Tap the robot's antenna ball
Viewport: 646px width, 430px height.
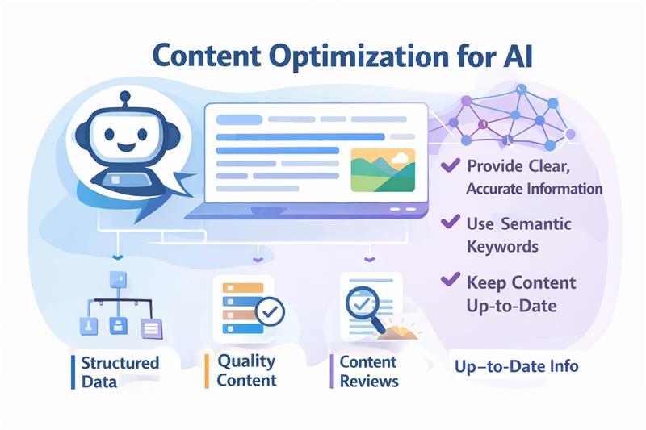coord(124,97)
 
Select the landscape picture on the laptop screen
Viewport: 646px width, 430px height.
coord(383,169)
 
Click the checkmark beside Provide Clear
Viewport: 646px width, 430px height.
coord(450,167)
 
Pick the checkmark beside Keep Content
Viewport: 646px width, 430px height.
coord(450,282)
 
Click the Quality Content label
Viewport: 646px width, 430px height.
coord(246,370)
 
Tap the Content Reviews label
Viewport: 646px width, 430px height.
coord(369,370)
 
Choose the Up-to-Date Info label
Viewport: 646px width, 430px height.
coord(516,366)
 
